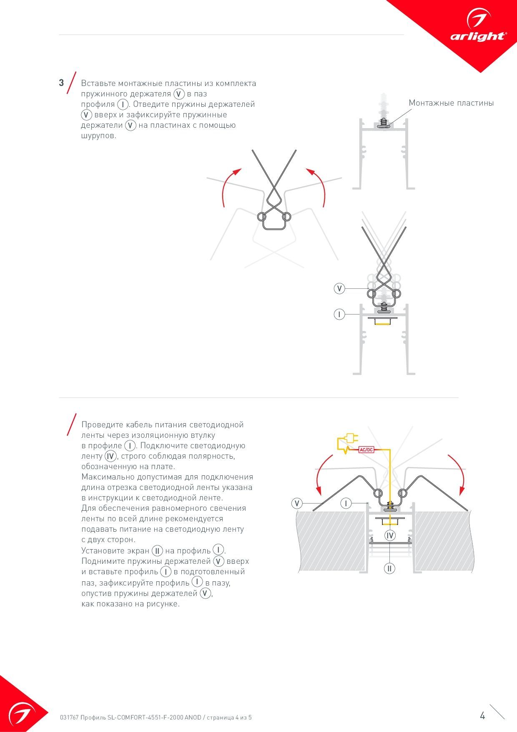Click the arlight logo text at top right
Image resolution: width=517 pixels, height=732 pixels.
(x=478, y=37)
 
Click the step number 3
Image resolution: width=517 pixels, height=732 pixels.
(x=61, y=83)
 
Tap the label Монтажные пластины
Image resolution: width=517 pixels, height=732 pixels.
(x=451, y=103)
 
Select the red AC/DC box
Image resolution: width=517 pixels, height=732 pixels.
(x=366, y=449)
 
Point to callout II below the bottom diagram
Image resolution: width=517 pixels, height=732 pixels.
(x=389, y=568)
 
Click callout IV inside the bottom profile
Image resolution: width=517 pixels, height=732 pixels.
(x=390, y=535)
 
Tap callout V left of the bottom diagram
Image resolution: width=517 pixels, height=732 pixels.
(x=297, y=503)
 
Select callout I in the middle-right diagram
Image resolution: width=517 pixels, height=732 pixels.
(x=339, y=314)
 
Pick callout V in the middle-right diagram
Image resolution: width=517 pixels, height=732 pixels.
(x=339, y=288)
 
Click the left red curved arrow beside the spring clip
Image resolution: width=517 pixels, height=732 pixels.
(x=229, y=186)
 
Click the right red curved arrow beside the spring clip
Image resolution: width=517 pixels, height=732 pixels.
(x=318, y=186)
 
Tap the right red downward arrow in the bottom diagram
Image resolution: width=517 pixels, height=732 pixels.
(x=458, y=474)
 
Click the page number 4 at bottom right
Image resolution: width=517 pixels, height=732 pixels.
(x=482, y=716)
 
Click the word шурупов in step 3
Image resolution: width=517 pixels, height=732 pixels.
(x=98, y=136)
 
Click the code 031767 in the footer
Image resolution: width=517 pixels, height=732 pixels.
(x=69, y=717)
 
